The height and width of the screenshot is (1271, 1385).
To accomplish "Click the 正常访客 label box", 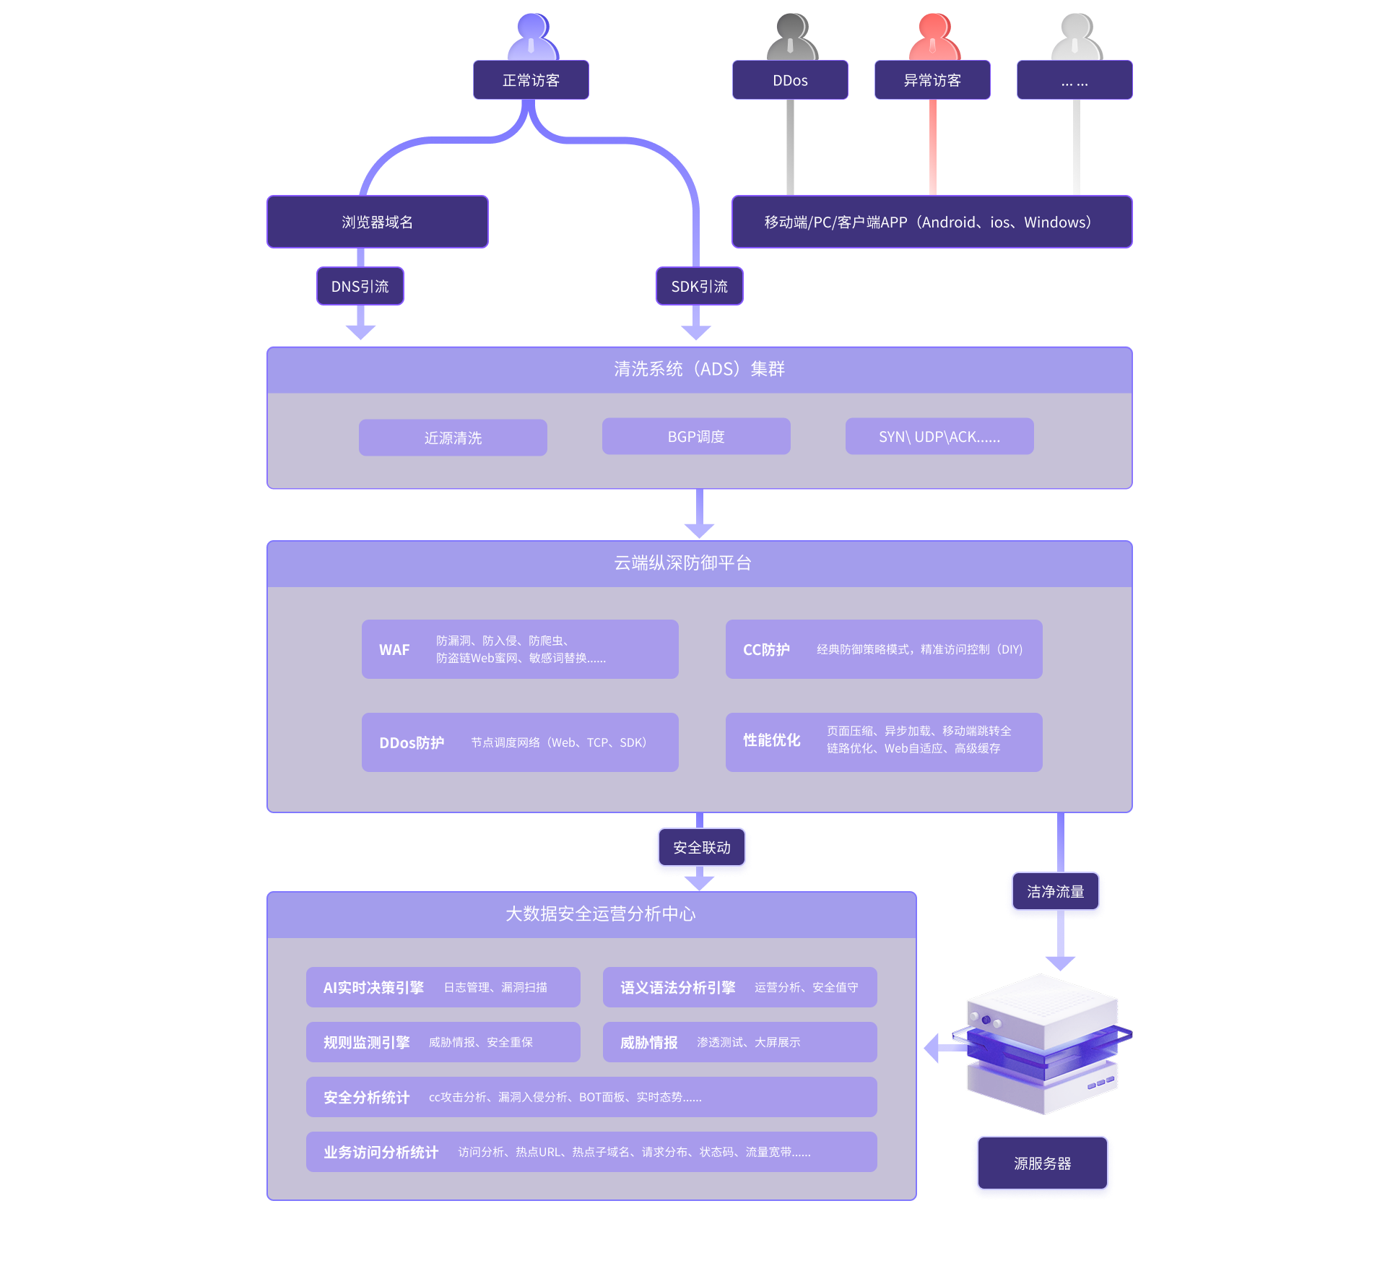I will [531, 80].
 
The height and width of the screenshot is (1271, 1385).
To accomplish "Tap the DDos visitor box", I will [790, 80].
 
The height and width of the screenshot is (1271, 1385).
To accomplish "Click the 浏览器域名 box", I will [377, 222].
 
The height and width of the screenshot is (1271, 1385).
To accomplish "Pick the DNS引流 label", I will [360, 287].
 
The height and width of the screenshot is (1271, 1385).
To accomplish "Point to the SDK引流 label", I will [699, 287].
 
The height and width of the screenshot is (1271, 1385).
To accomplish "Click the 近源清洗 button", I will [453, 438].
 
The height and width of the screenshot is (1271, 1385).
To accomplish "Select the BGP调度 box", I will [696, 437].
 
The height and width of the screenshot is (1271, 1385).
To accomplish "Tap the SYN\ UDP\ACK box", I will [939, 437].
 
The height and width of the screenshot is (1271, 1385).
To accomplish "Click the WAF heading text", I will [394, 650].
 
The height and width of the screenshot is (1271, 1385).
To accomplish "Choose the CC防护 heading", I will [766, 650].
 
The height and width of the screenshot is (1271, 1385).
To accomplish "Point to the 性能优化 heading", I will [772, 740].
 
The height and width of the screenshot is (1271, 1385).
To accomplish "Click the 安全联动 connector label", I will [702, 848].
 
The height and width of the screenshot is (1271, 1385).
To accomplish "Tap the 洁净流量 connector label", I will [1055, 892].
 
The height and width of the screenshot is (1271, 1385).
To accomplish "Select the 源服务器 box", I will [1042, 1163].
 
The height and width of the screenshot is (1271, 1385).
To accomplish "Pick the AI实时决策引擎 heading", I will [373, 987].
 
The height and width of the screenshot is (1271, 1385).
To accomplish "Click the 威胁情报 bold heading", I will [648, 1043].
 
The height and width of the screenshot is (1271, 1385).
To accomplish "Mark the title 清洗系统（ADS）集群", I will [699, 369].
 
